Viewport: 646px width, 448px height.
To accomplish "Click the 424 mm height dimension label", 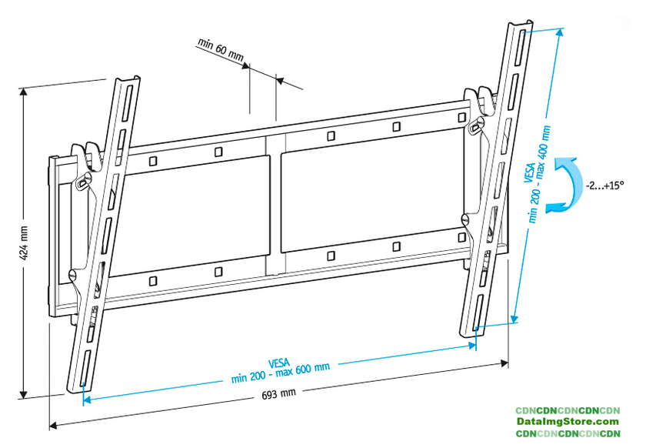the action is point(24,243).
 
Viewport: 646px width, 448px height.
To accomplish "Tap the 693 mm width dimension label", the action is point(279,394).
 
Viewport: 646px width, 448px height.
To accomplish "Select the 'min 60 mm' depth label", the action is point(221,50).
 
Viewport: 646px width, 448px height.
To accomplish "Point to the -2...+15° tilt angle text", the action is point(604,186).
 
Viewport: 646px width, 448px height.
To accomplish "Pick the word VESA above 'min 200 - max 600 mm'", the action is point(279,363).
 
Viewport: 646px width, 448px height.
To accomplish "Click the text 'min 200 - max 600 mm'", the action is point(281,373).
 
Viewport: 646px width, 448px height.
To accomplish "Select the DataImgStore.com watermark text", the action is point(568,422).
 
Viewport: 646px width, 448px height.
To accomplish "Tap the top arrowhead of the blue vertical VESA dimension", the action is point(560,32).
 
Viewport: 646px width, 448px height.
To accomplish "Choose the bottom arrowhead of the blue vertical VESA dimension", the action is point(514,319).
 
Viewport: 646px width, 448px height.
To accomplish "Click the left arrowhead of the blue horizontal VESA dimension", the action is point(87,400).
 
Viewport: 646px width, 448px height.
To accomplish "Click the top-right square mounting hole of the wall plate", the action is point(462,118).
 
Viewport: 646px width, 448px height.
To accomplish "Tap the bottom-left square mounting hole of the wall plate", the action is point(152,281).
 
